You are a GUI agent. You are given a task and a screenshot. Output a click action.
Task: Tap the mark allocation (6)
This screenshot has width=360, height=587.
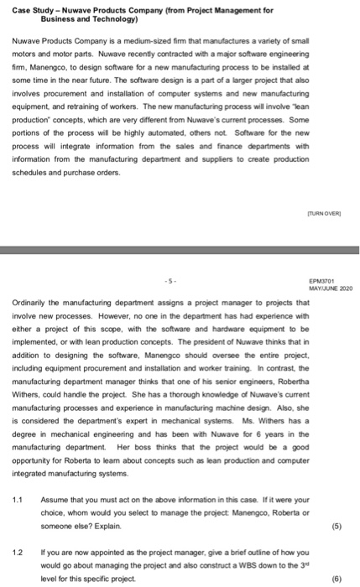(x=336, y=579)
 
